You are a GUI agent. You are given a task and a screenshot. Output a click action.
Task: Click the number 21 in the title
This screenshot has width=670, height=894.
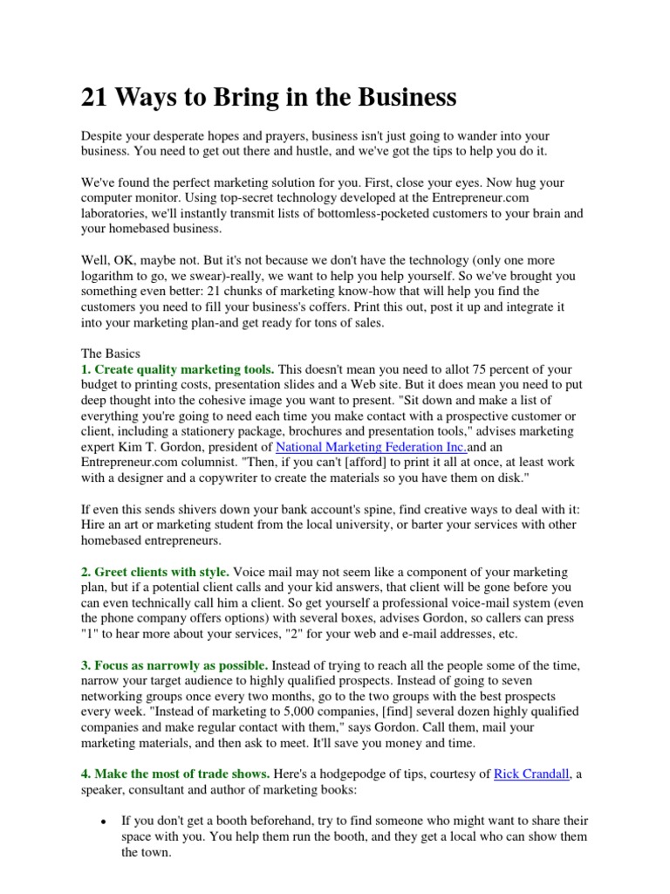94,98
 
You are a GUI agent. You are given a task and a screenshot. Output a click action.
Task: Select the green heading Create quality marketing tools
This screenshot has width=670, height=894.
179,369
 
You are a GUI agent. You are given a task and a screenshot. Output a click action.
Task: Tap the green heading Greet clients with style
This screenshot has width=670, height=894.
155,572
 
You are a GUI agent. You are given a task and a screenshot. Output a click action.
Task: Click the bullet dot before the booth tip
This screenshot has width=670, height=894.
104,822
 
